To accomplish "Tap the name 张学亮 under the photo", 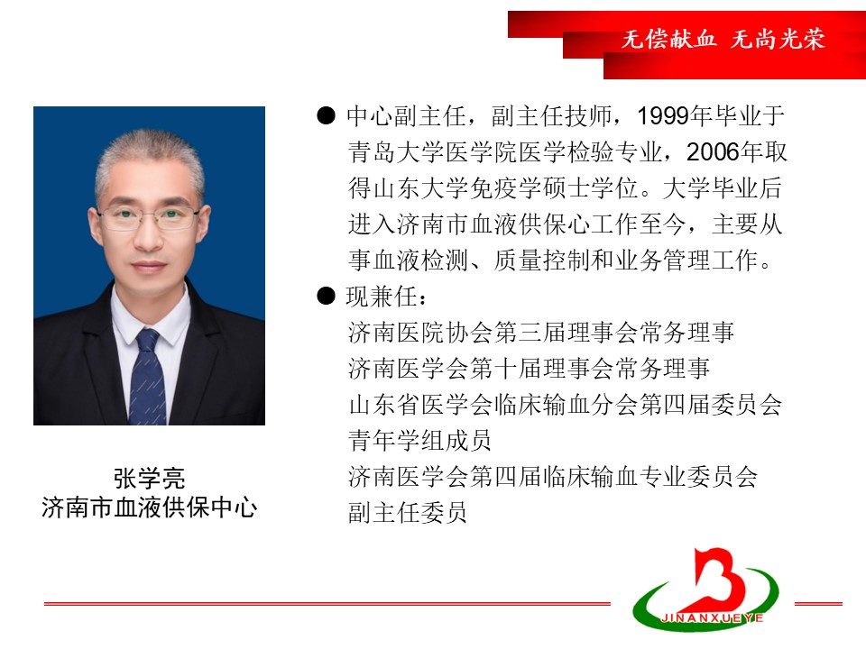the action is point(149,478).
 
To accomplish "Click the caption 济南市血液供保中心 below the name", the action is point(149,507).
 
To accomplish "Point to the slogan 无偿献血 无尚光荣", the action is point(723,39).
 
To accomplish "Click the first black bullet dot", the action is point(326,115).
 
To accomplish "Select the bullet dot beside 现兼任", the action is point(326,296).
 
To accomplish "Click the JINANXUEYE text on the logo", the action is point(712,618).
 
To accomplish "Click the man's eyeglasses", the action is point(149,217).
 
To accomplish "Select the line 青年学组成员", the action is point(419,441).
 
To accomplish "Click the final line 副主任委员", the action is point(407,513).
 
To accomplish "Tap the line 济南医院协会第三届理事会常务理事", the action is point(540,333).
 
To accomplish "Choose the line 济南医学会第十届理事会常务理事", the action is point(529,369).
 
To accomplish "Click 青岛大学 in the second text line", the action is point(396,152).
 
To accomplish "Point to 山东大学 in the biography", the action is point(420,188).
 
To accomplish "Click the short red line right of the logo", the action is point(818,604).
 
